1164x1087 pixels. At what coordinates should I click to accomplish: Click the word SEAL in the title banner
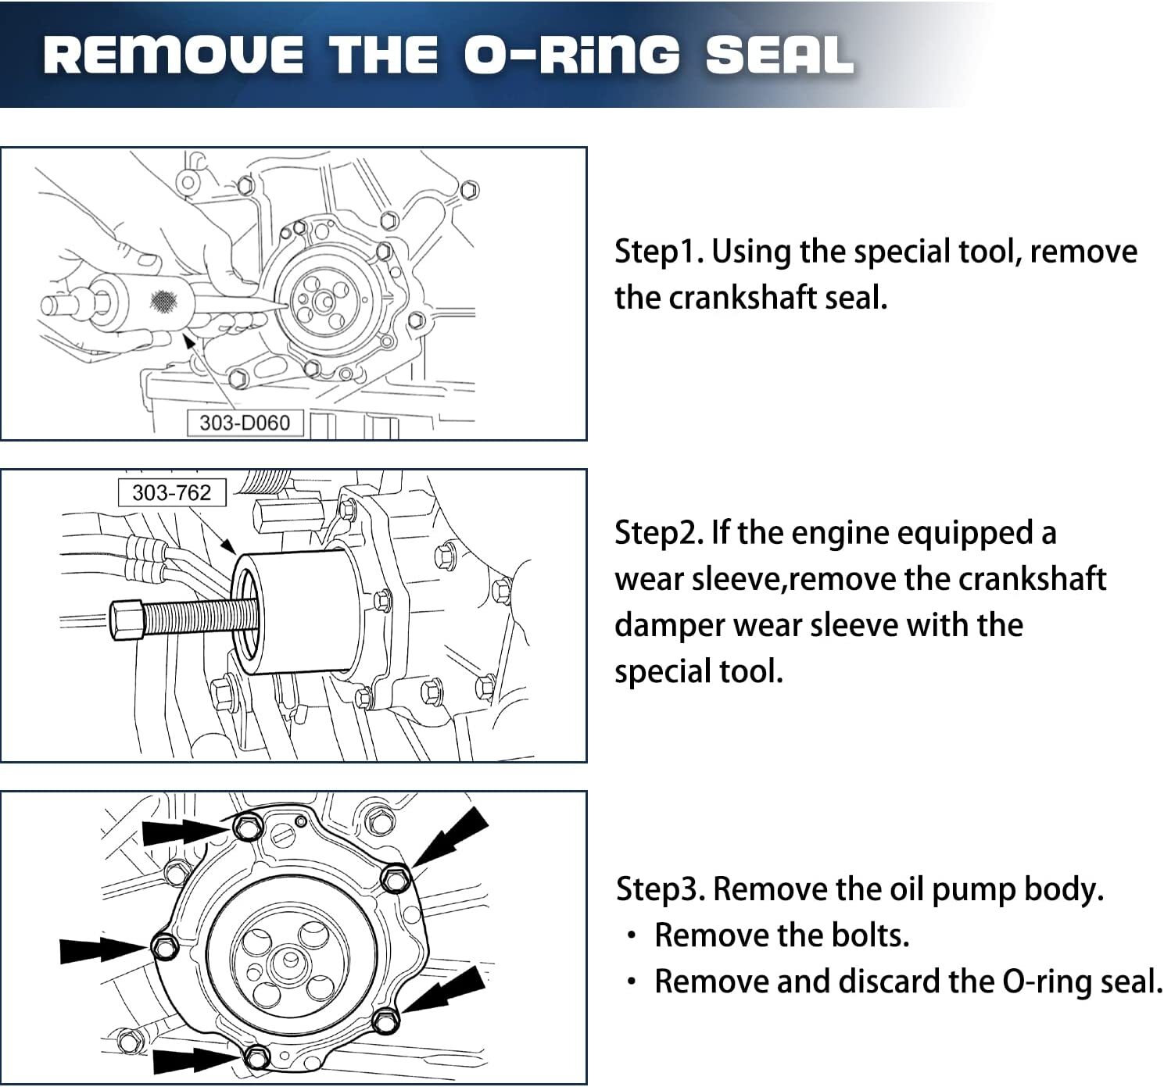pos(778,55)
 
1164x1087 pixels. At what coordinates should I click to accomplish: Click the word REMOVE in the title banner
pos(173,55)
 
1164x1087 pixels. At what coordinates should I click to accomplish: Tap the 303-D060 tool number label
pos(245,423)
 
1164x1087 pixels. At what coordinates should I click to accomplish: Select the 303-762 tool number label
pos(172,492)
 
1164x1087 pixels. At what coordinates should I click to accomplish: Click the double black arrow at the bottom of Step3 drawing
pos(192,1060)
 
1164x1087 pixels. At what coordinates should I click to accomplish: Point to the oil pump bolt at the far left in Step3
pos(163,946)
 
